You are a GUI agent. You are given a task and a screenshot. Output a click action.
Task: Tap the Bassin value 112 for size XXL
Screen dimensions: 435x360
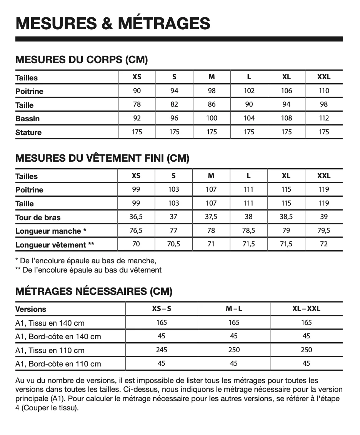pyautogui.click(x=324, y=118)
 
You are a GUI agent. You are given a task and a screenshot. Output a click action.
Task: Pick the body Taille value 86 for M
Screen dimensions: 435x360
pyautogui.click(x=212, y=104)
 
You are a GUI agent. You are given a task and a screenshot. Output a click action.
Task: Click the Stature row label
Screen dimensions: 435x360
pyautogui.click(x=28, y=132)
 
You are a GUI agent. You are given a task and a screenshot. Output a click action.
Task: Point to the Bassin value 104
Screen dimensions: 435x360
pyautogui.click(x=249, y=118)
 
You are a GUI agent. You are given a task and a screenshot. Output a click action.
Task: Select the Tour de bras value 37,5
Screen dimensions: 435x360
pyautogui.click(x=211, y=217)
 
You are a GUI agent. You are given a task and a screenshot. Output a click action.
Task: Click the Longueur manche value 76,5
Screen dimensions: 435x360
pyautogui.click(x=136, y=231)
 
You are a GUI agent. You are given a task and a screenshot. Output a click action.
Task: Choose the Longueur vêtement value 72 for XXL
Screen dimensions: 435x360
pyautogui.click(x=324, y=244)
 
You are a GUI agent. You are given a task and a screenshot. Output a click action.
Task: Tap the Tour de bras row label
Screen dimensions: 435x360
pyautogui.click(x=38, y=217)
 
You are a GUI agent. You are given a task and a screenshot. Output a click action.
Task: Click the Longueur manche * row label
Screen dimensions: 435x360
pyautogui.click(x=50, y=231)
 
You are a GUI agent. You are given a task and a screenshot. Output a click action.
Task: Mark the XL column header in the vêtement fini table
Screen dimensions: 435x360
pyautogui.click(x=286, y=176)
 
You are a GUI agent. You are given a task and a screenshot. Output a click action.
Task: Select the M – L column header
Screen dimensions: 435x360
pyautogui.click(x=234, y=308)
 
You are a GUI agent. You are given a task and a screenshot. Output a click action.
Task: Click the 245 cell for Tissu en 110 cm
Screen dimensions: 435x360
pyautogui.click(x=162, y=350)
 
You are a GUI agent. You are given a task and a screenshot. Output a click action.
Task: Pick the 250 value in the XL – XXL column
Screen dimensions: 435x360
pyautogui.click(x=306, y=350)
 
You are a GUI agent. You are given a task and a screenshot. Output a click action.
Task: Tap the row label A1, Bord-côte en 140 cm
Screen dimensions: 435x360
pyautogui.click(x=58, y=336)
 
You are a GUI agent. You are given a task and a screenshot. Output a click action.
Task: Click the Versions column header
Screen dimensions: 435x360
pyautogui.click(x=31, y=309)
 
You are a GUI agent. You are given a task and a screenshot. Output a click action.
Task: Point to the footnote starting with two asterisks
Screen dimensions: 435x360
pyautogui.click(x=88, y=270)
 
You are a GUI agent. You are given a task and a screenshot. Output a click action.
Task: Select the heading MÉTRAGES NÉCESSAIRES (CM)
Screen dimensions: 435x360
pyautogui.click(x=94, y=291)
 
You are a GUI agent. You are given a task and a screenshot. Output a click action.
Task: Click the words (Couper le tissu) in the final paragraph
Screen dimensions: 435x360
pyautogui.click(x=50, y=407)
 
